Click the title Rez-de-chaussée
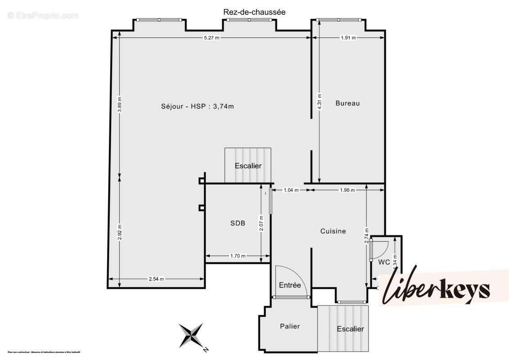pyautogui.click(x=254, y=12)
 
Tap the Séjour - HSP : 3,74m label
pyautogui.click(x=198, y=106)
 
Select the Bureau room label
pyautogui.click(x=347, y=103)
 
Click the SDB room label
pyautogui.click(x=238, y=223)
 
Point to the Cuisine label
pyautogui.click(x=333, y=231)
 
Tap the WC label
pyautogui.click(x=384, y=261)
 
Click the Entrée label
pyautogui.click(x=290, y=285)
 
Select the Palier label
pyautogui.click(x=290, y=326)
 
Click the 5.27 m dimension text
pyautogui.click(x=211, y=38)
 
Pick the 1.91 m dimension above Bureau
pyautogui.click(x=348, y=38)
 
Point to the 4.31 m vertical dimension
pyautogui.click(x=320, y=102)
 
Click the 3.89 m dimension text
pyautogui.click(x=119, y=104)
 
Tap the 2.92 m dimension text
pyautogui.click(x=119, y=232)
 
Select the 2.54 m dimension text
pyautogui.click(x=156, y=279)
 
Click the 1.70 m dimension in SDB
pyautogui.click(x=238, y=256)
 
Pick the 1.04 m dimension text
pyautogui.click(x=291, y=190)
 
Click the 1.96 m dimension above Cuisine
pyautogui.click(x=347, y=190)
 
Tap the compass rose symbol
pyautogui.click(x=191, y=336)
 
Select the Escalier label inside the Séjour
pyautogui.click(x=248, y=166)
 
